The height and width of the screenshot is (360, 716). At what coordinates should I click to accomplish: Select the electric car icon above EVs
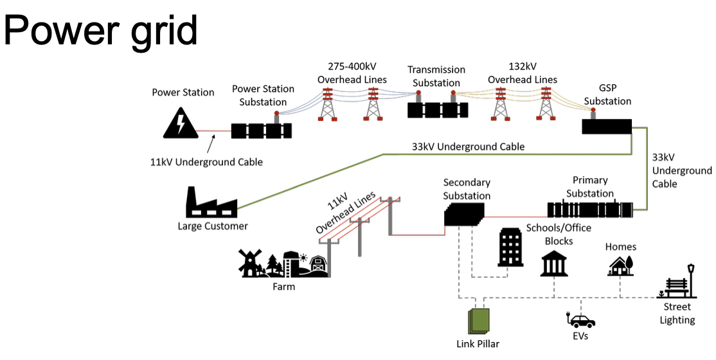coord(582,320)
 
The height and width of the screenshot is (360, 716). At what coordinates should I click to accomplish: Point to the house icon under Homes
coord(620,265)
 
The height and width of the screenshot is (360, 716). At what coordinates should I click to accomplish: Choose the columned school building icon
coord(554,263)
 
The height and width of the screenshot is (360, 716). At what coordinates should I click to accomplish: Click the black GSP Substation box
coord(607,126)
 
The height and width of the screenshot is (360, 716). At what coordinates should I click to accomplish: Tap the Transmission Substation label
coord(436,76)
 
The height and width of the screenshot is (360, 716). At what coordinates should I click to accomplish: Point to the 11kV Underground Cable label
coord(206,162)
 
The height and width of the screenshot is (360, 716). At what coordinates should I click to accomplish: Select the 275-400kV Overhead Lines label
coord(352,73)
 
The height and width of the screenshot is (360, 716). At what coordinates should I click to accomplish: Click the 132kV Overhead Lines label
coord(522,73)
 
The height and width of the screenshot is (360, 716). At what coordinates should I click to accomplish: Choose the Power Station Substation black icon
coord(261,130)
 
